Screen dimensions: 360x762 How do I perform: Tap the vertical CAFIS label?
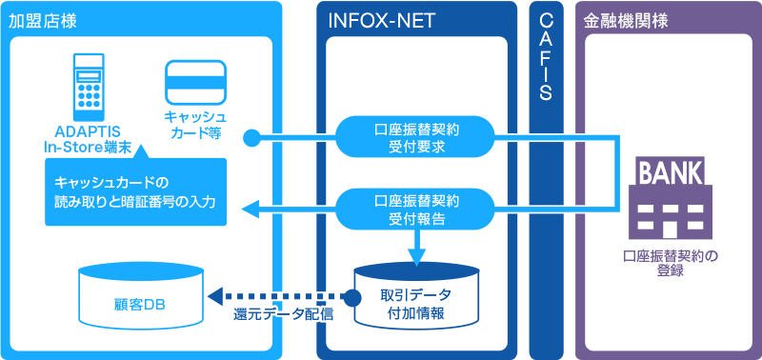(x=546, y=57)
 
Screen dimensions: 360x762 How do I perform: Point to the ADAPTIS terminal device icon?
(x=89, y=83)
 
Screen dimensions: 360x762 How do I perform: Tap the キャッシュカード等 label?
(x=194, y=125)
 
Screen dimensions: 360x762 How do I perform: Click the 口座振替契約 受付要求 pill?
(x=417, y=138)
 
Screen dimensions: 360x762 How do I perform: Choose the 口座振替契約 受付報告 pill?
(x=417, y=209)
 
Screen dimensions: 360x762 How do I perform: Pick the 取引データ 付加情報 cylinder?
(x=415, y=298)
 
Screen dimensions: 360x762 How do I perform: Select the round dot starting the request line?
(x=251, y=138)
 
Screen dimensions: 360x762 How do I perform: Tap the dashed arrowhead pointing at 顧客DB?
(x=214, y=296)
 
